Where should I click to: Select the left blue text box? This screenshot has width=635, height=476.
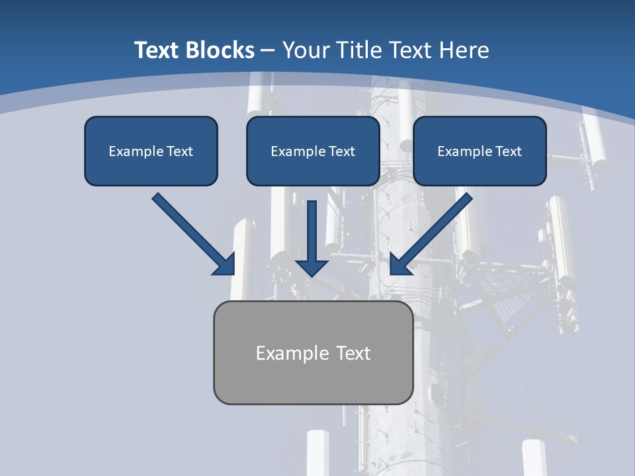(x=151, y=151)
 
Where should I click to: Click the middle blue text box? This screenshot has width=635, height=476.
(x=313, y=151)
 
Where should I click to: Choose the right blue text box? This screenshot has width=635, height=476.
(x=480, y=151)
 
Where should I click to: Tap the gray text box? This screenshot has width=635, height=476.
(x=313, y=352)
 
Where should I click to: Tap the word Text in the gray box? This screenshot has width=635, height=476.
(x=354, y=353)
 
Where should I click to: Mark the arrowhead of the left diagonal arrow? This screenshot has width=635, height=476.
(x=225, y=264)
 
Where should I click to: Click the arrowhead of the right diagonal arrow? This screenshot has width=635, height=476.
(x=400, y=264)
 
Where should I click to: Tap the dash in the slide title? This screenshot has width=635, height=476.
(x=268, y=51)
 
